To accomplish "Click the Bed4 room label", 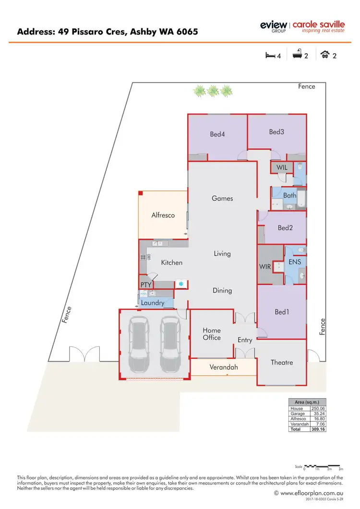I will [217, 134].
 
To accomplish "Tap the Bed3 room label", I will [276, 131].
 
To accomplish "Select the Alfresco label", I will [163, 215].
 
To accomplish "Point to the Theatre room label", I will [282, 362].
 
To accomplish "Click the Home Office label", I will [212, 334].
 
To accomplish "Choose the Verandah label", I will [224, 367].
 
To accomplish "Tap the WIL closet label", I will [282, 168].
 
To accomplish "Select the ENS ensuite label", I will [295, 262].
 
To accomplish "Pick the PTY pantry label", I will [146, 285].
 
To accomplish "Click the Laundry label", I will [153, 303].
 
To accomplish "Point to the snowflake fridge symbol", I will [181, 284].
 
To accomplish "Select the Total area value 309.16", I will [318, 429].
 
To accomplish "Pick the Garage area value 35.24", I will [318, 414].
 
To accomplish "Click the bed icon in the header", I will [270, 55].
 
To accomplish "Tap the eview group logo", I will [273, 26].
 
